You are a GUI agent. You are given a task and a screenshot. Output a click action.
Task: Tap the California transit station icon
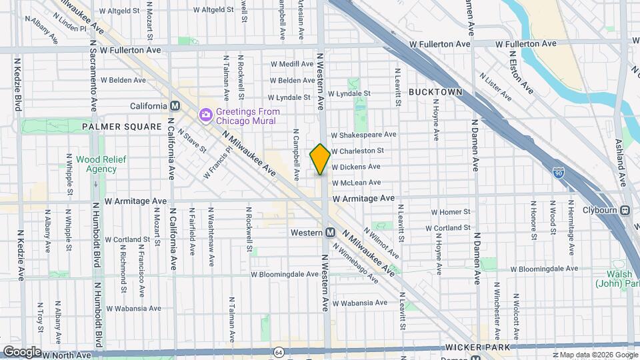[x=175, y=106]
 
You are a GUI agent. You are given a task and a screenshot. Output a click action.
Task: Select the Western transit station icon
[x=329, y=233]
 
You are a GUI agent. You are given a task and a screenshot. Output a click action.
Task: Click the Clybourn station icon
[x=625, y=211]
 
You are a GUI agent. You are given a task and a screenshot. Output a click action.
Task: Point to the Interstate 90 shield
[x=558, y=173]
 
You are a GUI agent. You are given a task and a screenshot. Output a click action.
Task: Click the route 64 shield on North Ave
[x=278, y=351]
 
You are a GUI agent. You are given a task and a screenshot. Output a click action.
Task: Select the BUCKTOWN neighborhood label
[x=435, y=91]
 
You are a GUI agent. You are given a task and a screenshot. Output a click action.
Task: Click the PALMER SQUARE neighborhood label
[x=122, y=127]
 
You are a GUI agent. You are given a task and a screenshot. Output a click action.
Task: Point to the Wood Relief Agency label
[x=96, y=164]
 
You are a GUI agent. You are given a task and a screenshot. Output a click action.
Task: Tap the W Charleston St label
[x=357, y=151]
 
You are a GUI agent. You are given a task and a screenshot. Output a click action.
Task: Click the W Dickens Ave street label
[x=356, y=167]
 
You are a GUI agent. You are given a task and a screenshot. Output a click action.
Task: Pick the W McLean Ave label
[x=356, y=182]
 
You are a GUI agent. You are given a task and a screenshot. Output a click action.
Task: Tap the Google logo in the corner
[x=22, y=351]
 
